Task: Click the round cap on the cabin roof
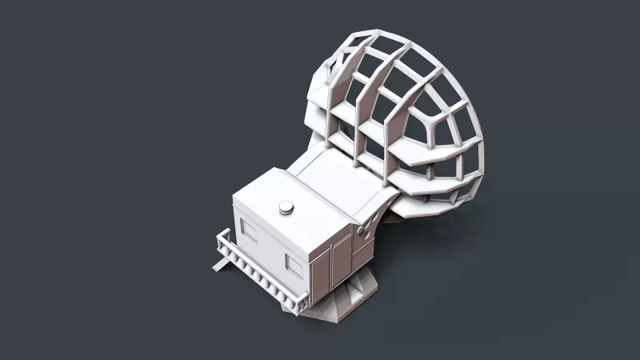coord(286,208)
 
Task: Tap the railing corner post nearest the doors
coord(302,302)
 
